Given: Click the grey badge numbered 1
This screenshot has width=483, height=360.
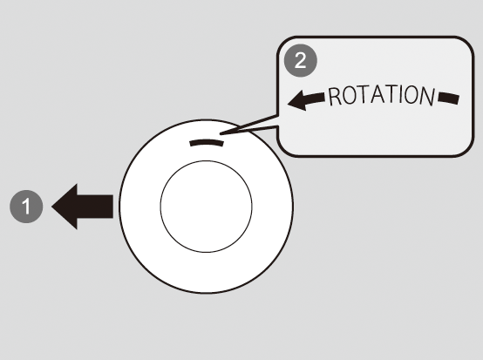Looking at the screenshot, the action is coord(26,207).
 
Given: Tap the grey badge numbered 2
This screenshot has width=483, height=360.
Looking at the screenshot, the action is coord(300,60).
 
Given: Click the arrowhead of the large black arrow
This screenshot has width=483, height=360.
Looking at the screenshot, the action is coord(65,207).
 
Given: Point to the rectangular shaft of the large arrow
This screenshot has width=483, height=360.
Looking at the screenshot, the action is coord(95,207).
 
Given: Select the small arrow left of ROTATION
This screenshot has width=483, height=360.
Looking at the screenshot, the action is coord(306,99).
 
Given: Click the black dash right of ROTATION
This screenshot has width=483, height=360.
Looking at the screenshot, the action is coord(448,98).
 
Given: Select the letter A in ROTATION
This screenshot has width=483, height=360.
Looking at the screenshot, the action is coord(378,94).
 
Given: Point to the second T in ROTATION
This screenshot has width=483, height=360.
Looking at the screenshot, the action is coord(391,94).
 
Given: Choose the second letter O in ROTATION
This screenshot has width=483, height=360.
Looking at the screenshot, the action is coord(412,95).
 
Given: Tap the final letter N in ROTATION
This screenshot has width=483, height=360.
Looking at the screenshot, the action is coord(427,97).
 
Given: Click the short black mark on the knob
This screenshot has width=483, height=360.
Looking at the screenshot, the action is coord(207,143).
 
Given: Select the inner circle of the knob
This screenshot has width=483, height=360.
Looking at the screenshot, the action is coord(206,207).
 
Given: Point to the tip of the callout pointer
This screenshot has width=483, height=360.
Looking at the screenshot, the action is coord(220,134).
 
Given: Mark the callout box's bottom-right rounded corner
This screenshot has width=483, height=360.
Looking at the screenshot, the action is coord(467,151).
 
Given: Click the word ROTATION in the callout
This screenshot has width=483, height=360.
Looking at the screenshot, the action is coord(382,96).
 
